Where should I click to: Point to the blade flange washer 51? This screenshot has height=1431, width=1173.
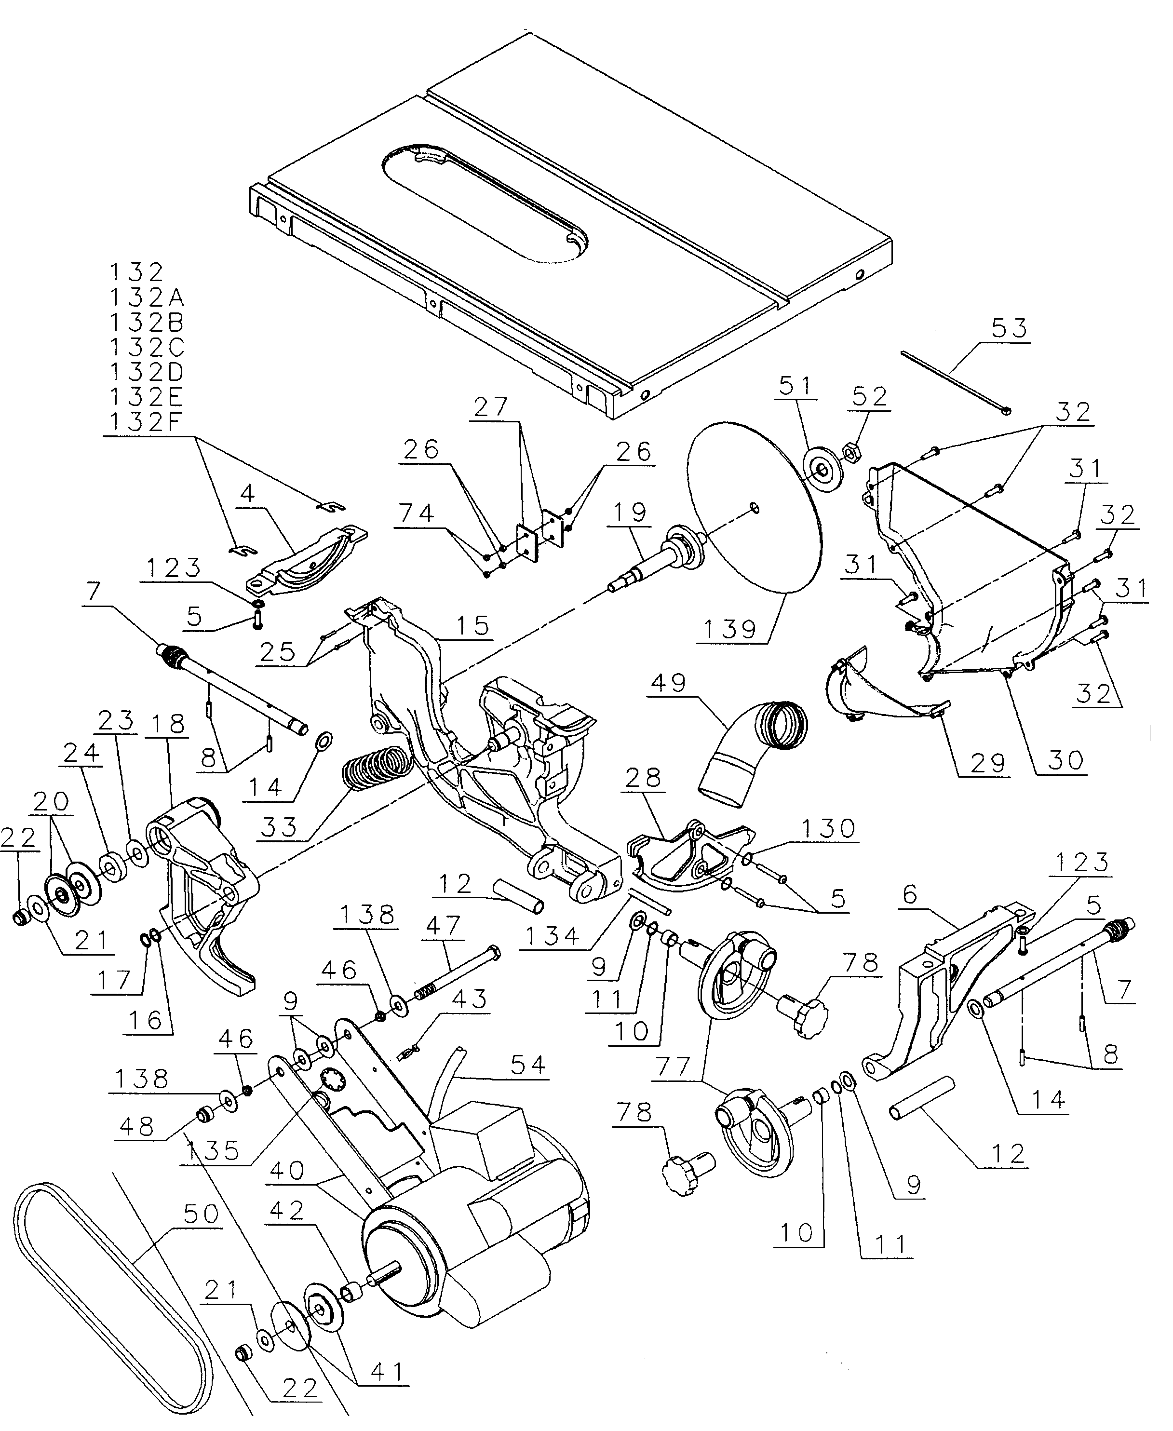coord(821,468)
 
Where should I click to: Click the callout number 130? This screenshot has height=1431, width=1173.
coord(829,828)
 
